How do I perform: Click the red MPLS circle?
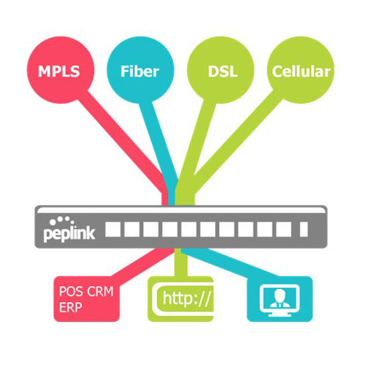click(x=61, y=70)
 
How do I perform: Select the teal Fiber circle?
click(x=140, y=70)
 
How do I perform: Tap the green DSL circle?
click(x=220, y=70)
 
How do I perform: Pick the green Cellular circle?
click(x=301, y=70)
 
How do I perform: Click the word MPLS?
click(x=59, y=72)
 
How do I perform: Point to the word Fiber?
click(x=139, y=72)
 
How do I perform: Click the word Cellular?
click(x=301, y=72)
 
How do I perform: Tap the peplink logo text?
click(x=69, y=234)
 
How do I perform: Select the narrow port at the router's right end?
click(x=304, y=229)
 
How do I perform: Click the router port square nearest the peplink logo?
click(x=112, y=229)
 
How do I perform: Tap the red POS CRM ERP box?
click(x=87, y=299)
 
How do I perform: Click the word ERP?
click(x=71, y=307)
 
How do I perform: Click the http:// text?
click(x=186, y=299)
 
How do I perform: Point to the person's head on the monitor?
click(x=280, y=295)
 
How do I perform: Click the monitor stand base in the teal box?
click(x=280, y=315)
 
